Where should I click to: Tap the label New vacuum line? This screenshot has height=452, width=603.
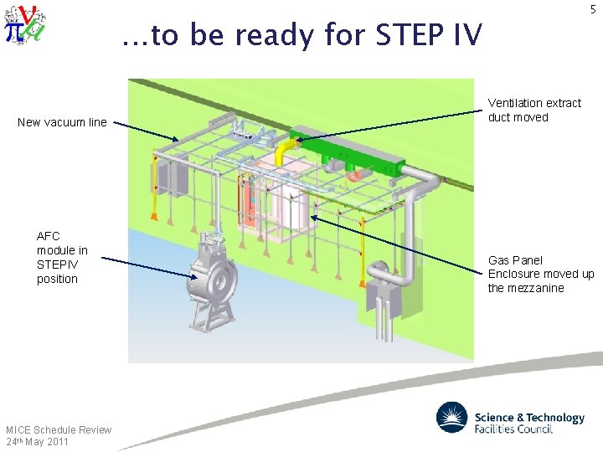[x=62, y=122]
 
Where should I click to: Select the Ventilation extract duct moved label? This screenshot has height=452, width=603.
[x=533, y=110]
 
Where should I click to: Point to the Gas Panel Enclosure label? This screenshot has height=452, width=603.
[x=540, y=274]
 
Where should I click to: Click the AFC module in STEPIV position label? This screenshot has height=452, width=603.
[x=62, y=258]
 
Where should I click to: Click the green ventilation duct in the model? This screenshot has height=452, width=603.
[x=352, y=151]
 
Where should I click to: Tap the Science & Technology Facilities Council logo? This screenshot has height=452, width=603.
[x=510, y=419]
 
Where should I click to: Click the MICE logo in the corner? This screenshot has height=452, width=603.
[x=24, y=24]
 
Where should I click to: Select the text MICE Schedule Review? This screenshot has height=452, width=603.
[x=59, y=429]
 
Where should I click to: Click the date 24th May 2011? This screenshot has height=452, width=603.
[x=37, y=441]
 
